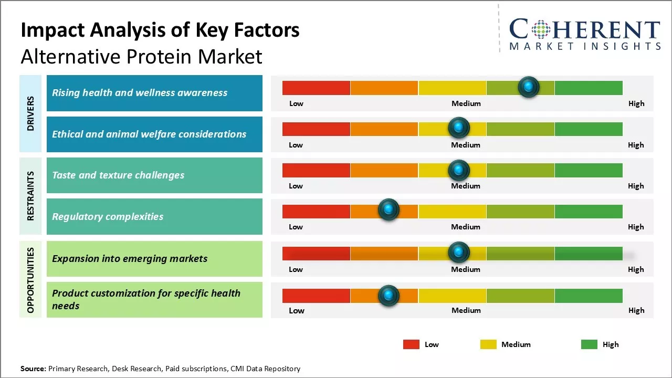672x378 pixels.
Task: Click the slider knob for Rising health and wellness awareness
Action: [529, 87]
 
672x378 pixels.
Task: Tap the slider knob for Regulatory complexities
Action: [388, 210]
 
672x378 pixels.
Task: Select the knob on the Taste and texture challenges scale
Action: [459, 170]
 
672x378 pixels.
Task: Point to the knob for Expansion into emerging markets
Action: [459, 253]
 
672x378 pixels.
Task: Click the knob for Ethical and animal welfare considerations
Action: [459, 128]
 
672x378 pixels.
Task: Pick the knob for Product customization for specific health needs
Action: [388, 296]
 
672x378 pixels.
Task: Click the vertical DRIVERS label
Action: [30, 113]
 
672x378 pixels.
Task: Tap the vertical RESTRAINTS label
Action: [30, 196]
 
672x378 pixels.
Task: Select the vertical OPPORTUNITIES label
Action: [30, 279]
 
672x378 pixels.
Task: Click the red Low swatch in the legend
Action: [411, 344]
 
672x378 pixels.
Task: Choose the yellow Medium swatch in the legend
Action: [488, 344]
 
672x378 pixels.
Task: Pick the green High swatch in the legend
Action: [589, 344]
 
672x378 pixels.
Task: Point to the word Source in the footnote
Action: [33, 369]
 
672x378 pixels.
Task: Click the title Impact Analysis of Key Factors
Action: [160, 30]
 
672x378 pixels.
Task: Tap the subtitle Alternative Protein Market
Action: [141, 56]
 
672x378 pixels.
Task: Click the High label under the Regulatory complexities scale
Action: [636, 227]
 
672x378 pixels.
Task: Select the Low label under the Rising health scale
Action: [296, 103]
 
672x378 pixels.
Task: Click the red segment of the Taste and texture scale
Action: [316, 170]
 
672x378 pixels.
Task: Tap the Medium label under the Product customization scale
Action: [466, 310]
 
